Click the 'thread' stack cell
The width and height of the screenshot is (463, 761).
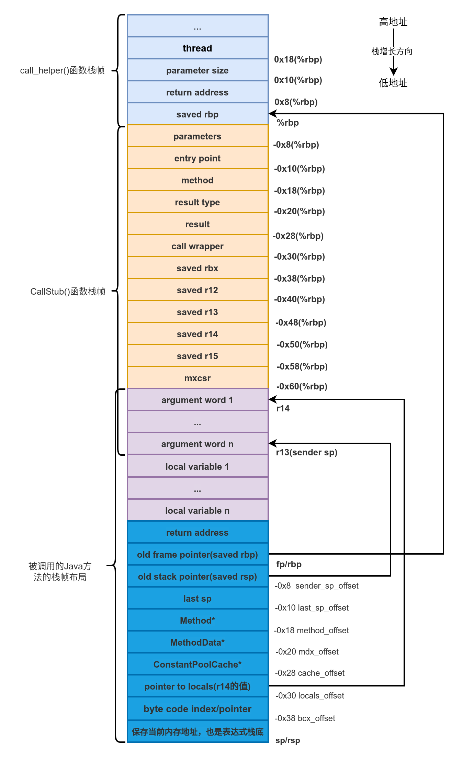coord(197,48)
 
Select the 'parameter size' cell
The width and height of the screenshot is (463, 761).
coord(197,70)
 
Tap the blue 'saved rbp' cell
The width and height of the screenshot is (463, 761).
coord(197,114)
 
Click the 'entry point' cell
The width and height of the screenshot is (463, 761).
coord(197,158)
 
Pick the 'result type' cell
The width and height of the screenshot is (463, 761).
coord(197,202)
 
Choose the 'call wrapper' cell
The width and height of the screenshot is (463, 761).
coord(197,246)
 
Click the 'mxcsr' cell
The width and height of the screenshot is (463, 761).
coord(197,378)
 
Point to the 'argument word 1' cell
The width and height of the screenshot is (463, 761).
coord(197,400)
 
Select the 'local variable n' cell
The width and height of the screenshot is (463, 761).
coord(197,510)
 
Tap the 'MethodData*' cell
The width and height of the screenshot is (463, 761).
coord(197,642)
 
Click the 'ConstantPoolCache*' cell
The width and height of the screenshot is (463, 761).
coord(197,664)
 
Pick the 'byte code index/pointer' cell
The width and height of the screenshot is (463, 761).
coord(197,709)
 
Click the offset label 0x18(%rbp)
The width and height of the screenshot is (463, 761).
coord(298,59)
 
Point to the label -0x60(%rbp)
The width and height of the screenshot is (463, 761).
coord(302,386)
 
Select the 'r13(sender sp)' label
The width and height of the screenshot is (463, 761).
coord(307,452)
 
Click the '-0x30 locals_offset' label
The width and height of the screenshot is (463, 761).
coord(309,695)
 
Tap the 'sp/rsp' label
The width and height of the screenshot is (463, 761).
coord(287,740)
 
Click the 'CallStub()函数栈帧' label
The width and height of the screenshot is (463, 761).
coord(68,291)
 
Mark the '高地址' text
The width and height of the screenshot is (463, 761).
coord(393,22)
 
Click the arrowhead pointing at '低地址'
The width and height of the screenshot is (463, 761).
coord(394,71)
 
